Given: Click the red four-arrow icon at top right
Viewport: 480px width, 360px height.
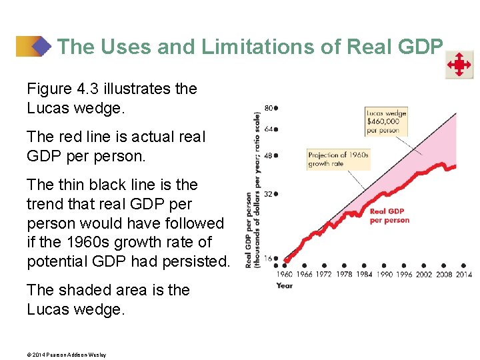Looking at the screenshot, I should pos(459,65).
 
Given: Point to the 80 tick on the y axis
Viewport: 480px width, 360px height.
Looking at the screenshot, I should pos(269,107).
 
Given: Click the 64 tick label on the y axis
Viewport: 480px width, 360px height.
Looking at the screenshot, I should pos(269,129).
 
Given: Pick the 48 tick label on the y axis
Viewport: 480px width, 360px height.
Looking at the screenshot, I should pos(269,156).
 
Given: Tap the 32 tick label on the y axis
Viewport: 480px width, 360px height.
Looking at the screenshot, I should pos(269,194).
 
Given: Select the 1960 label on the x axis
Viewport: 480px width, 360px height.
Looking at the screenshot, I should pos(284,274).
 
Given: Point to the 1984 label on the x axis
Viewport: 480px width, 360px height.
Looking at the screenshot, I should pos(365,274).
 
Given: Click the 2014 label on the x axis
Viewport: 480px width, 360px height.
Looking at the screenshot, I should pos(463,274).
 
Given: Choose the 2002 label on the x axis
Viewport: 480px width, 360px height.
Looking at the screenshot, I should pos(424,274).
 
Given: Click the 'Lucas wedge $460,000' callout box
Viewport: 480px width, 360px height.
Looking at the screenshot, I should pos(386,121).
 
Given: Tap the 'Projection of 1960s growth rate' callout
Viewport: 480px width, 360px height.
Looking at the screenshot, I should pos(338,159).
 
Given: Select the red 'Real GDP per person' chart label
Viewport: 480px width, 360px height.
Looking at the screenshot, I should pos(389,216).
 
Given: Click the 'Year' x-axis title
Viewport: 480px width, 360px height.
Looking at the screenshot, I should pos(284,286).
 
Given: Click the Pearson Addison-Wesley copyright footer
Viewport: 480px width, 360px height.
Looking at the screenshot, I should pos(66,355).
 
